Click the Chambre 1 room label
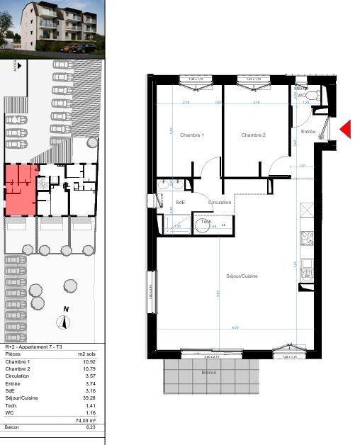pos(192,135)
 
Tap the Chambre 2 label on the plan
pos(253,135)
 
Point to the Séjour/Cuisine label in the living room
pos(242,276)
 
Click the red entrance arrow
pos(346,128)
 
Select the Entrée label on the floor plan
pos(308,132)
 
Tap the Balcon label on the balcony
pos(208,372)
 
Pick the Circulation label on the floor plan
pos(220,203)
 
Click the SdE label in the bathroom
pos(180,203)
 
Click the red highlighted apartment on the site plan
pos(21,189)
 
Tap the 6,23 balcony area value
pos(89,427)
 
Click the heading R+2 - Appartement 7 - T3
pos(33,347)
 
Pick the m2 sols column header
pos(86,353)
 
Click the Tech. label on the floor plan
pos(206,222)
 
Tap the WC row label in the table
pos(9,412)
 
